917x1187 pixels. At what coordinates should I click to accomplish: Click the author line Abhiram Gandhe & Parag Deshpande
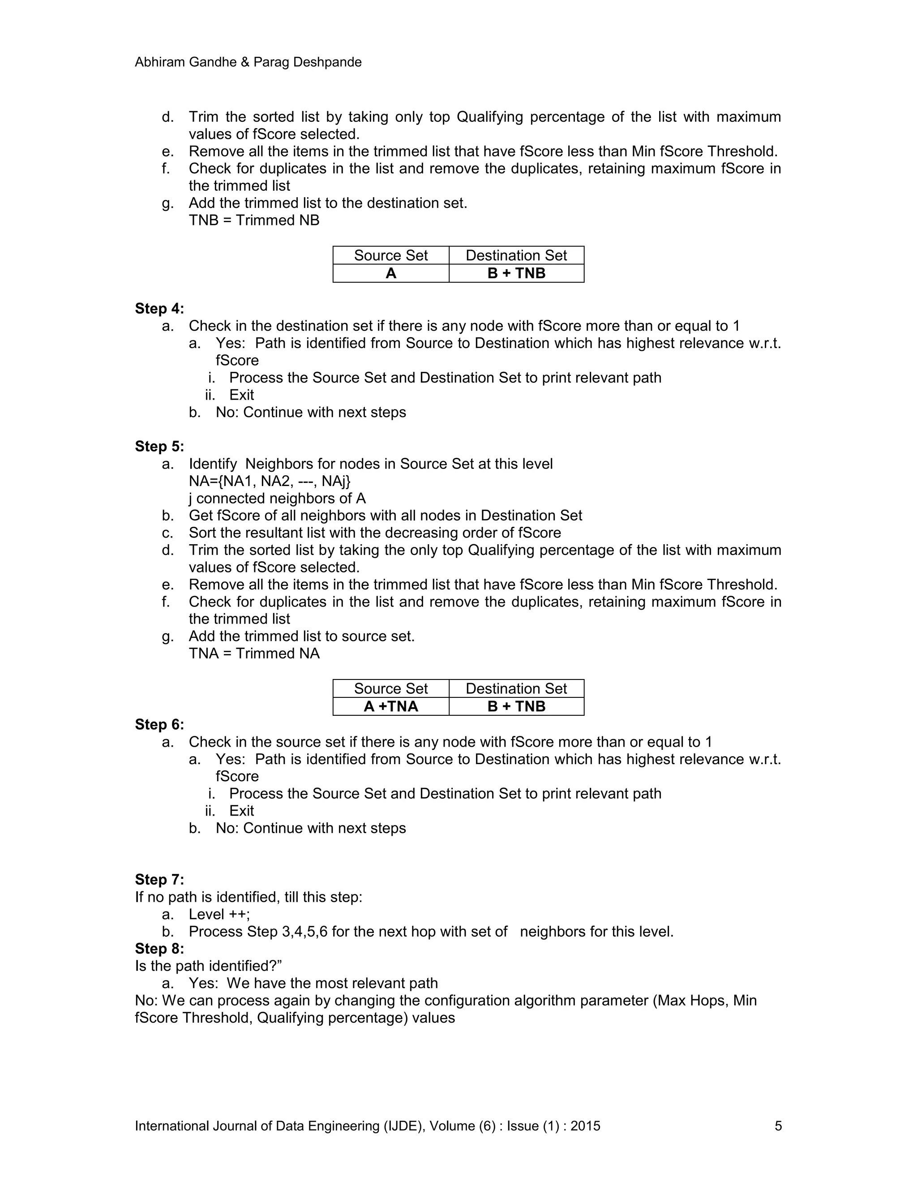(248, 62)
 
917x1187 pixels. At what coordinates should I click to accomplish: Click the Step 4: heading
(159, 309)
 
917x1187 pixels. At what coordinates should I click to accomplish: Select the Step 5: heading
(159, 446)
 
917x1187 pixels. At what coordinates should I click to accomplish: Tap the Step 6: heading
(159, 724)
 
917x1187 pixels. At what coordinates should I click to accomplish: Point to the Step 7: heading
(159, 879)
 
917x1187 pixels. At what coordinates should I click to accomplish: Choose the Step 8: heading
(159, 948)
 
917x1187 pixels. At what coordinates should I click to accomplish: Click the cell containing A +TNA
(390, 706)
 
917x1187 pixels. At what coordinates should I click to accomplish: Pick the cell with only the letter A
(390, 273)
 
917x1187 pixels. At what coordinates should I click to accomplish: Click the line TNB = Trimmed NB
(254, 220)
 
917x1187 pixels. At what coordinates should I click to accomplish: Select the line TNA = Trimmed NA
(254, 653)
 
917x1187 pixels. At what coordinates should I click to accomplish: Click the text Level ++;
(219, 914)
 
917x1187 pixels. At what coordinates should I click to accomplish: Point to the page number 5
(778, 1126)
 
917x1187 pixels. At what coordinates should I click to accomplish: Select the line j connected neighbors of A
(277, 499)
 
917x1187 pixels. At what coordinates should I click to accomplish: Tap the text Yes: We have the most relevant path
(313, 983)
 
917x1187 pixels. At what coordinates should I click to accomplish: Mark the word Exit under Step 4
(241, 395)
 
